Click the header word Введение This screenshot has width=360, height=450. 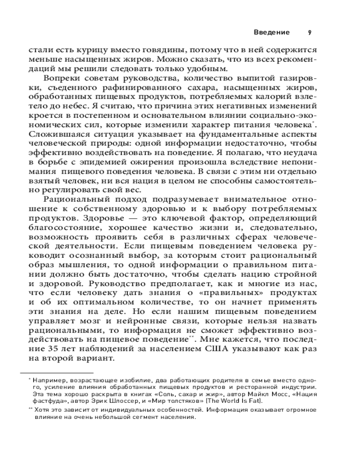(x=271, y=32)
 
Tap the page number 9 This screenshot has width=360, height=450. (x=310, y=32)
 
